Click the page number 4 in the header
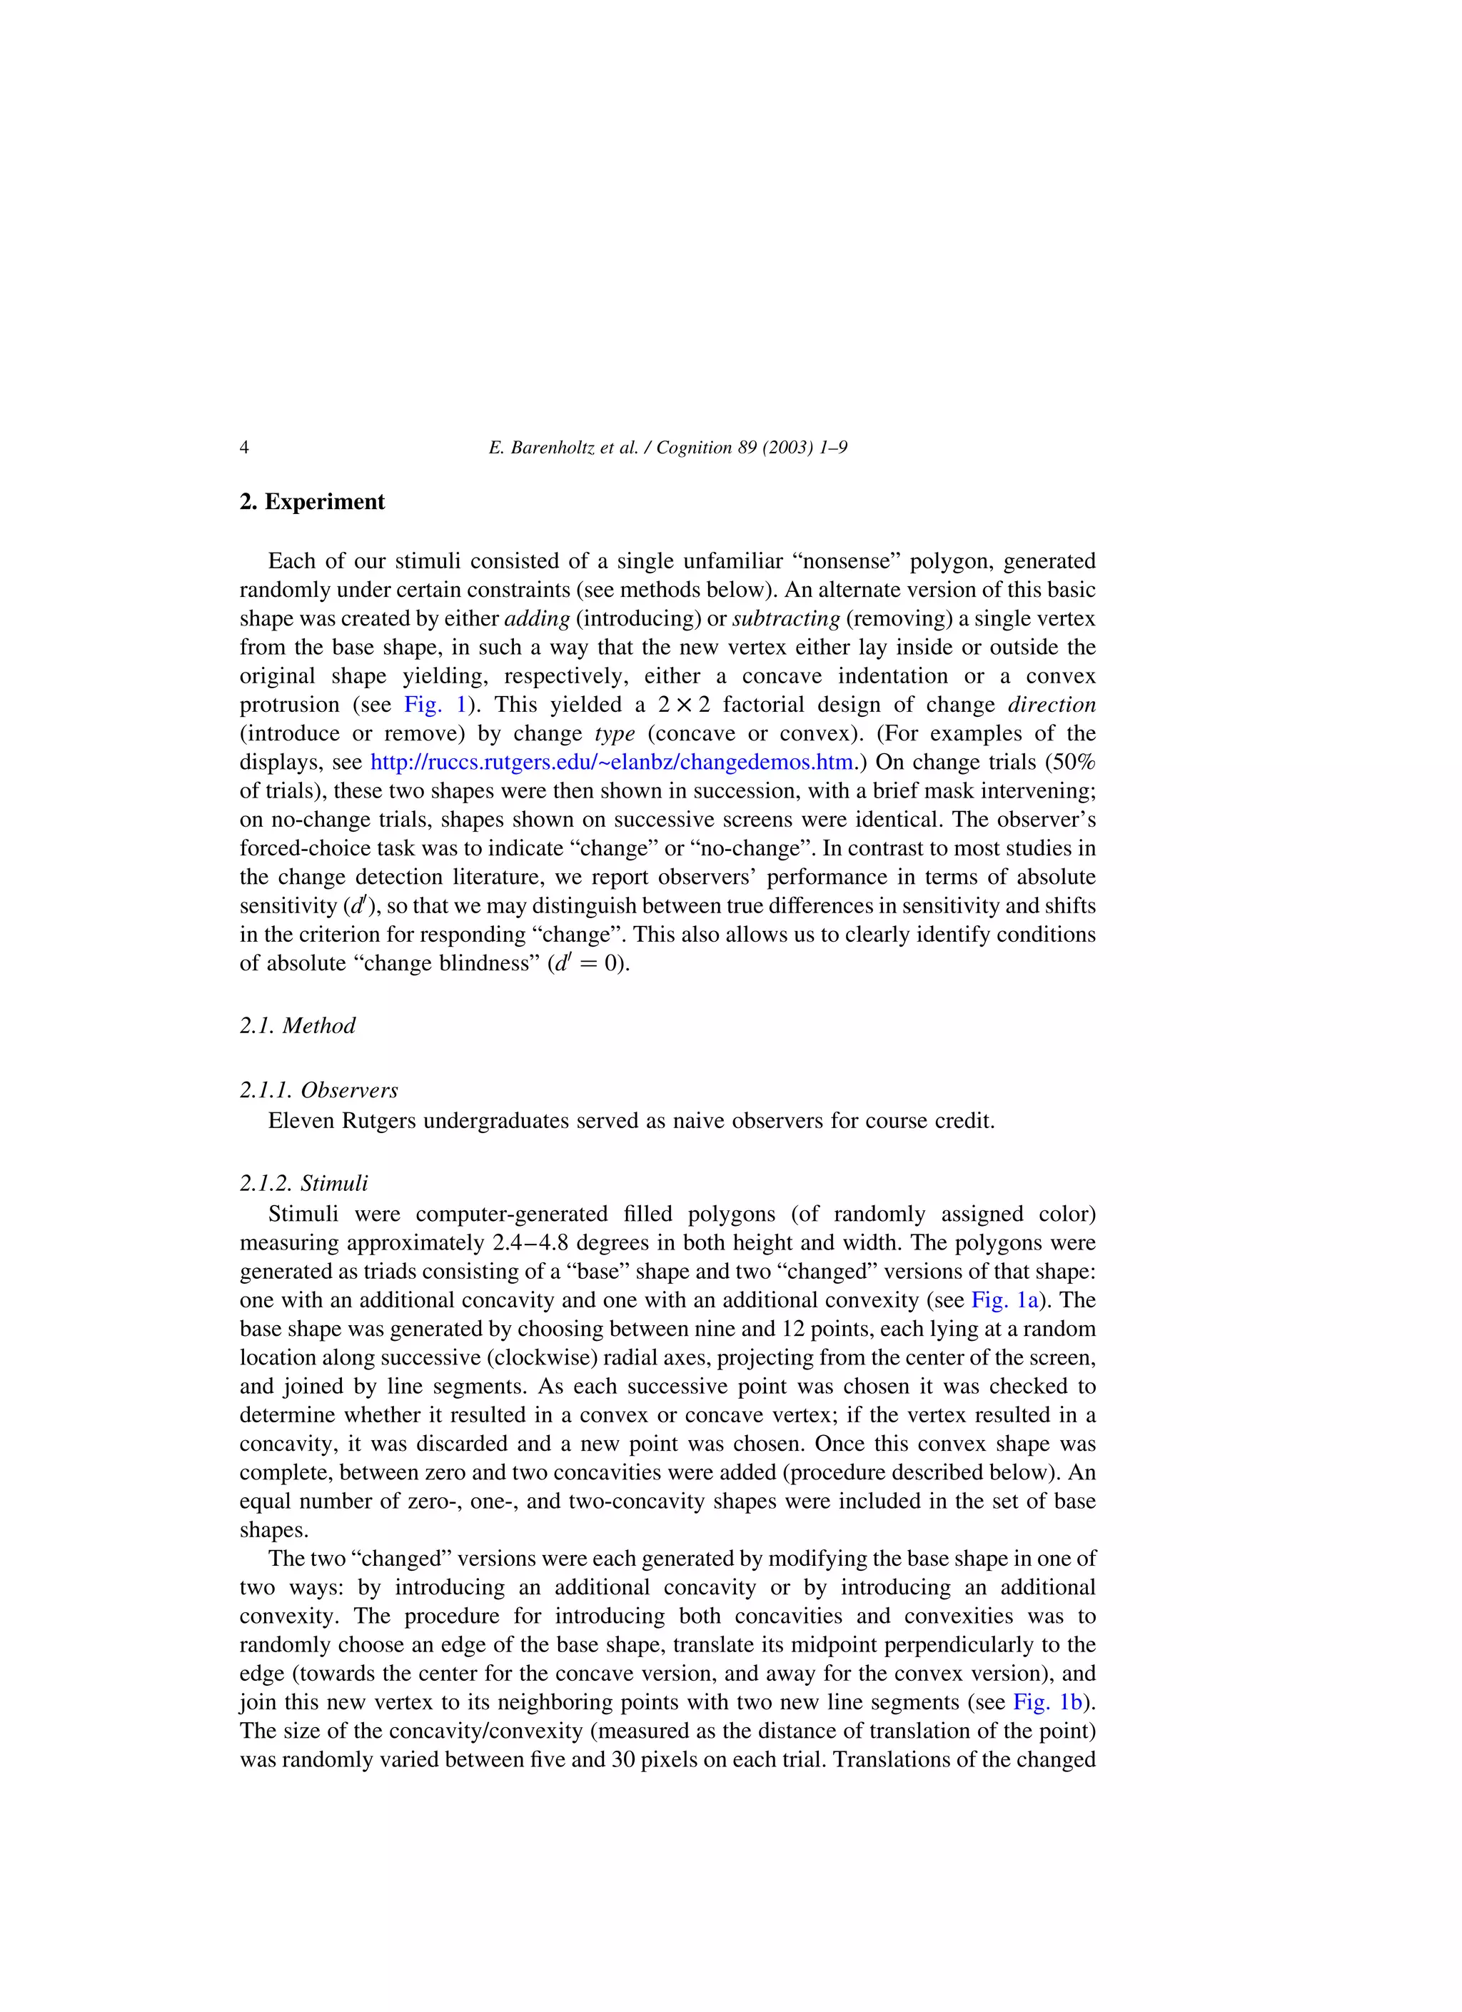pos(244,447)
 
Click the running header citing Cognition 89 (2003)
pos(667,447)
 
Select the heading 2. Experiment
pos(312,502)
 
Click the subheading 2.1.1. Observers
pos(318,1090)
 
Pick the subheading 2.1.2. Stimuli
pos(303,1184)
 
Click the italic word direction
pos(1052,705)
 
